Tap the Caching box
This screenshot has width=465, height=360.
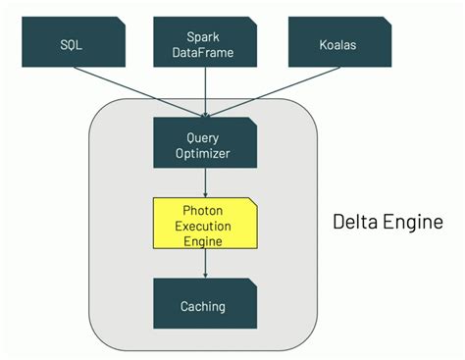pos(203,306)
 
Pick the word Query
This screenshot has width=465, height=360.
pos(204,137)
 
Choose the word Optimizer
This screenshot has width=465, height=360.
pos(204,153)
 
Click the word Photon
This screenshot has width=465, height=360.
pos(204,210)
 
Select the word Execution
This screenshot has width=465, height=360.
pos(204,225)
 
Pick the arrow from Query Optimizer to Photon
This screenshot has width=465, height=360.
pos(204,181)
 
